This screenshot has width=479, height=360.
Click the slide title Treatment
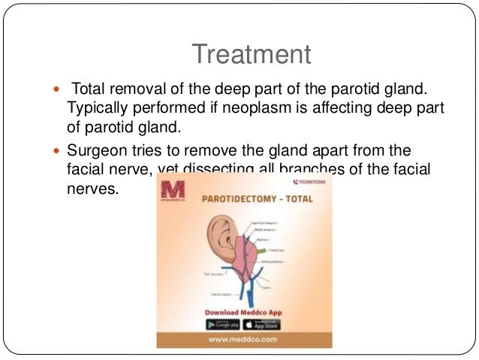click(x=250, y=54)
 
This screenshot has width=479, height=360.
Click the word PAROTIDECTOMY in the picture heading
click(x=230, y=201)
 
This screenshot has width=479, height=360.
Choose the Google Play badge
click(x=223, y=324)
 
